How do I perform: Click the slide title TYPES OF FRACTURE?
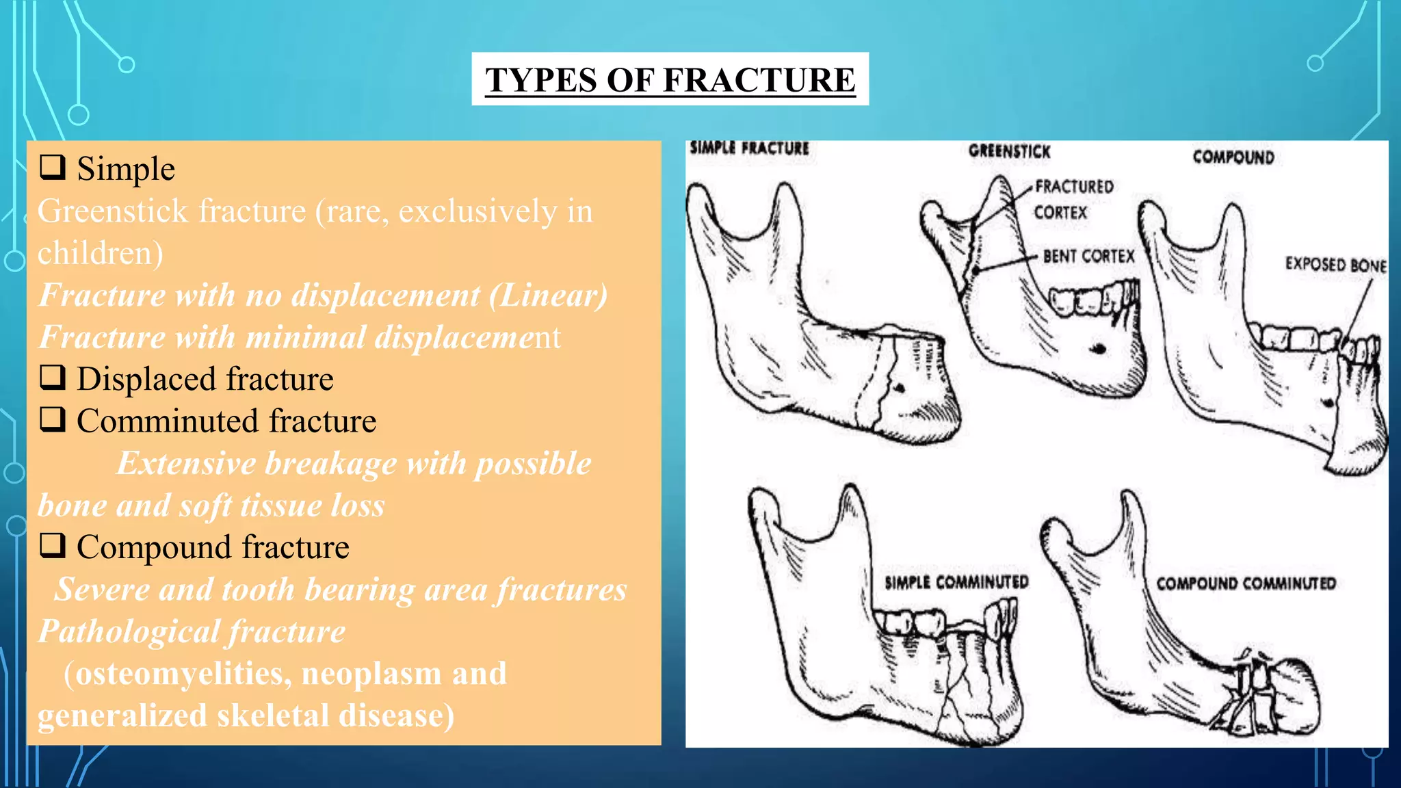pyautogui.click(x=670, y=79)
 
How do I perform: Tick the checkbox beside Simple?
pyautogui.click(x=53, y=167)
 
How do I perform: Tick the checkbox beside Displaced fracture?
pyautogui.click(x=53, y=377)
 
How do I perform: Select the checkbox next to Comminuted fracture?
pyautogui.click(x=53, y=419)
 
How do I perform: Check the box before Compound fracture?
pyautogui.click(x=53, y=545)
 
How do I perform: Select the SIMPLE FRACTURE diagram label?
pyautogui.click(x=749, y=148)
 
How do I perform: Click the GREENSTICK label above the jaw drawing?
pyautogui.click(x=1009, y=151)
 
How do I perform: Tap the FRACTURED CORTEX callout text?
pyautogui.click(x=1073, y=199)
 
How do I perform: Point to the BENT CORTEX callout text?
pyautogui.click(x=1088, y=257)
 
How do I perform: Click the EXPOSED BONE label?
pyautogui.click(x=1335, y=265)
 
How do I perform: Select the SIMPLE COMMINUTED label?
pyautogui.click(x=956, y=582)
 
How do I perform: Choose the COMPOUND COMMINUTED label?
pyautogui.click(x=1246, y=583)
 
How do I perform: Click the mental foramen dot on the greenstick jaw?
pyautogui.click(x=1099, y=349)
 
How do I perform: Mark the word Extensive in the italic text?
pyautogui.click(x=186, y=463)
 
